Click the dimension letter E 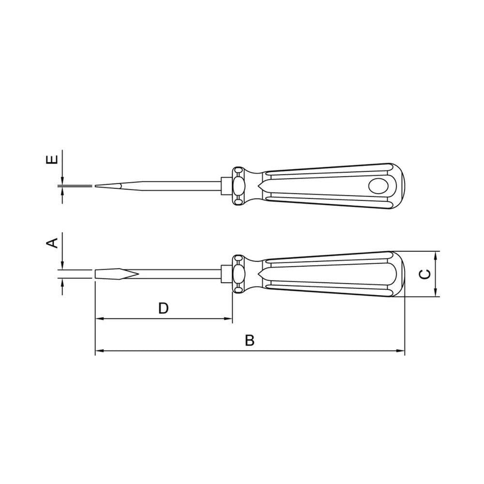[52, 160]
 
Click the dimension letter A [52, 242]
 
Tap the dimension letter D [163, 308]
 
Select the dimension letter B [250, 340]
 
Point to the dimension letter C [425, 274]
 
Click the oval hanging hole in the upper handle [378, 186]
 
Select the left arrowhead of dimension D [99, 318]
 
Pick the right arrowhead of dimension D [228, 318]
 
